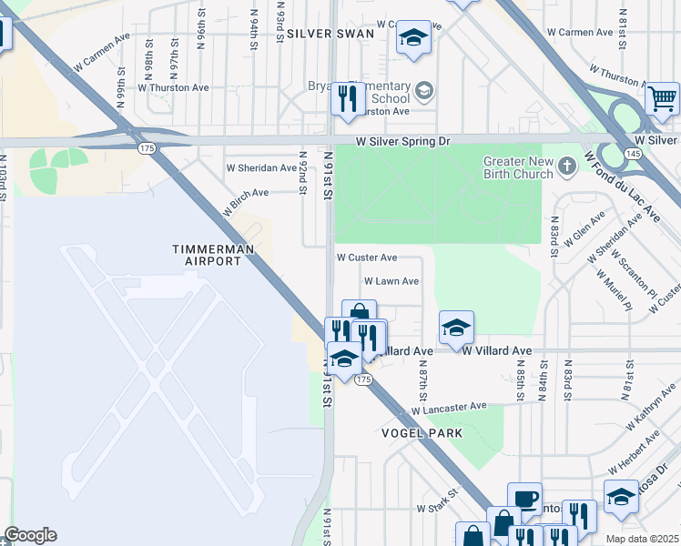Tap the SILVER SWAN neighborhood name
click(330, 33)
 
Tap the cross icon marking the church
click(567, 166)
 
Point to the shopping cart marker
click(662, 96)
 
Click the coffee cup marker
click(523, 498)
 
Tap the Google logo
click(30, 535)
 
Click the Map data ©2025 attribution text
click(643, 539)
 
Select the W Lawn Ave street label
click(391, 281)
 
